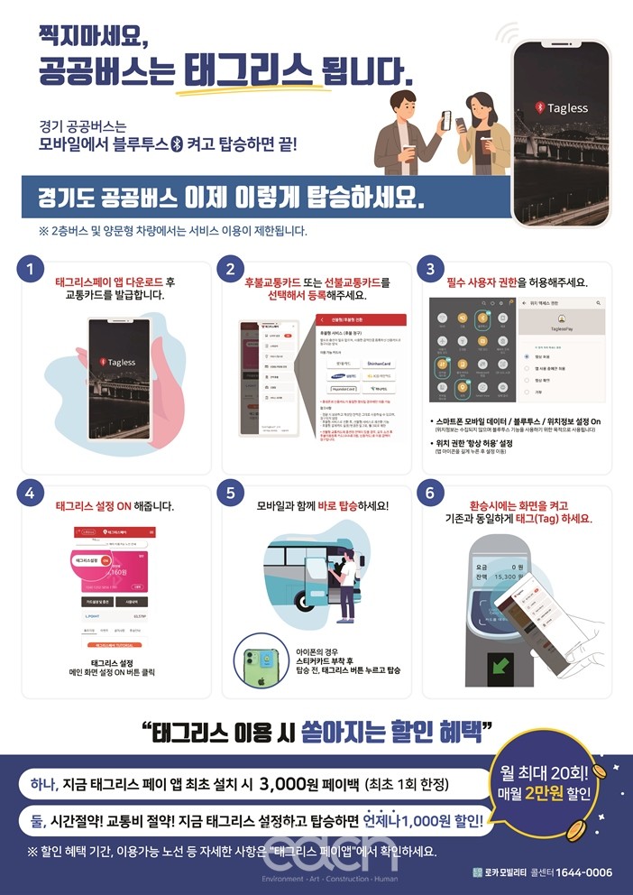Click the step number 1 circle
[x=32, y=269]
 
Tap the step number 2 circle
[x=231, y=269]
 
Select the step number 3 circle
[x=431, y=269]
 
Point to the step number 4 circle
[x=32, y=494]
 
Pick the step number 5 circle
[x=231, y=494]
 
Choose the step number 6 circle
[x=431, y=494]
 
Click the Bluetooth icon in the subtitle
[x=177, y=143]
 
